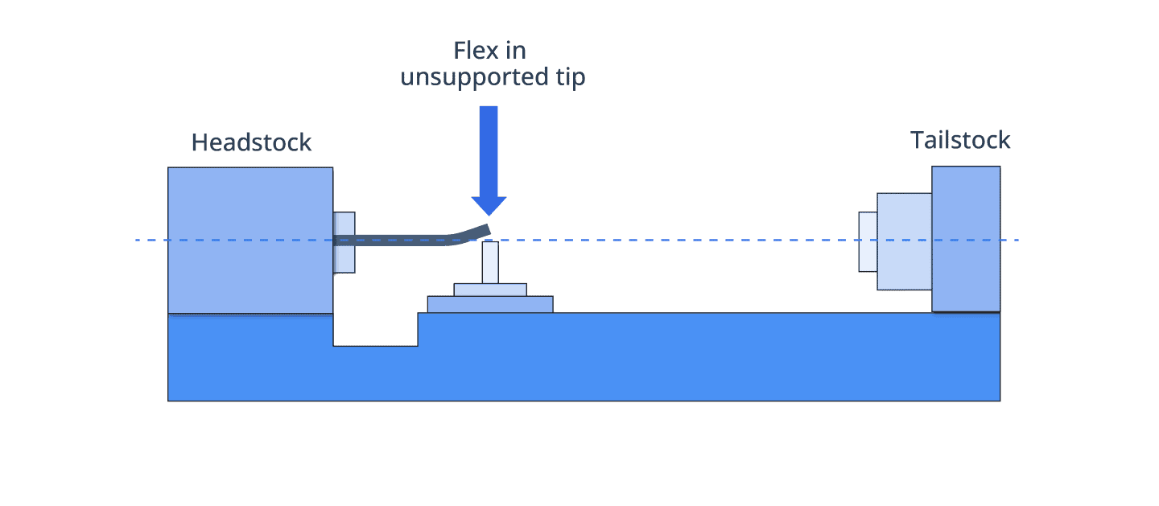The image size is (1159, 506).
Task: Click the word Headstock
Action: [251, 142]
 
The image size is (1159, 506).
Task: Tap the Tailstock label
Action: [959, 140]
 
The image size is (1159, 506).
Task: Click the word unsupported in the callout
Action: [475, 77]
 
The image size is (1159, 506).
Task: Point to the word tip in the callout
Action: [571, 77]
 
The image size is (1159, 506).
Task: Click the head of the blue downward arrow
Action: [489, 206]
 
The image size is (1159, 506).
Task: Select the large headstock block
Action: [250, 241]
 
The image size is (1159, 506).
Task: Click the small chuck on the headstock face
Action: [344, 242]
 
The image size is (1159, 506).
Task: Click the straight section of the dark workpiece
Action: [391, 241]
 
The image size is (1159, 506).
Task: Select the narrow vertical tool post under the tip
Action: [490, 262]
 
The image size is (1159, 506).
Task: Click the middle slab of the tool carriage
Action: [490, 290]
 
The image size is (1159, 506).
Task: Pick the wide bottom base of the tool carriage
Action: [490, 304]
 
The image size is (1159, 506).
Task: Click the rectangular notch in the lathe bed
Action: [376, 330]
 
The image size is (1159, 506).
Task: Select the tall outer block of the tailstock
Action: [966, 239]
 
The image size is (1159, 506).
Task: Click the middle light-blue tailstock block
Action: [905, 241]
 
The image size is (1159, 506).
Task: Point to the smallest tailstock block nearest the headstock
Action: [868, 241]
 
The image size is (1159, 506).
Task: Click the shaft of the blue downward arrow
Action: [489, 151]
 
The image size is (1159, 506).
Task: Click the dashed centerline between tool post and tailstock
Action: [678, 240]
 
